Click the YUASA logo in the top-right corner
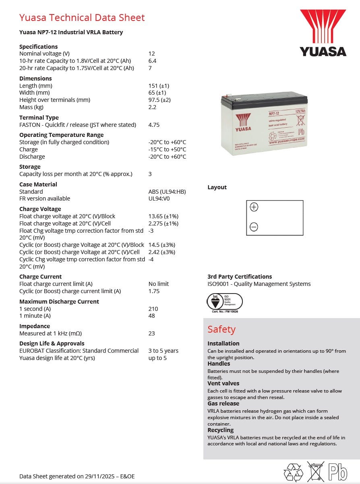pos(323,33)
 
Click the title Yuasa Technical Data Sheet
pos(82,18)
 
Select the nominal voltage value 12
pos(152,54)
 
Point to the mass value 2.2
pos(152,107)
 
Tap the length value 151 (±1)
pos(159,86)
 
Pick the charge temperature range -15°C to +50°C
pos(167,149)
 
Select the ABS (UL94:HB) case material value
pos(167,192)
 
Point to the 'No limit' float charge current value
pos(159,284)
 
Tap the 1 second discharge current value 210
pos(153,309)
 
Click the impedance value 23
pos(152,333)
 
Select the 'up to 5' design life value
pos(157,358)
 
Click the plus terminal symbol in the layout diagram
pos(254,207)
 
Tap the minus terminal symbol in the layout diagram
pos(254,227)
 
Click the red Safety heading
pos(221,329)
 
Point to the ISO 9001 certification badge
pos(225,302)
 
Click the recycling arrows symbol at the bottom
pos(293,472)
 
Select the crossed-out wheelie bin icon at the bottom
pos(316,471)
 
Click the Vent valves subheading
pos(223,383)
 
